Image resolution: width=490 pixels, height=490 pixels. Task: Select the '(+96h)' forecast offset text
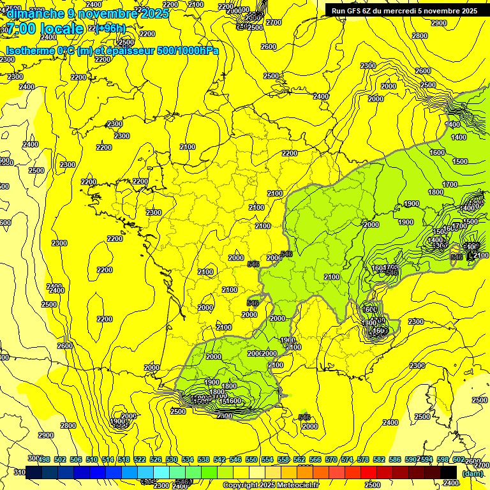(111, 29)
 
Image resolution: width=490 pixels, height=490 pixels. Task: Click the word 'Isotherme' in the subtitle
(30, 51)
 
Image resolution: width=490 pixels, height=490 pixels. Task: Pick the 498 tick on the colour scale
(44, 459)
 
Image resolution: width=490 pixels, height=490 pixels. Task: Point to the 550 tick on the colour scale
(251, 459)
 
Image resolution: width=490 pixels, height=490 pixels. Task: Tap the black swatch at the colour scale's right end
(449, 472)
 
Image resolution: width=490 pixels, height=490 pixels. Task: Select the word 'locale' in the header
(63, 29)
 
